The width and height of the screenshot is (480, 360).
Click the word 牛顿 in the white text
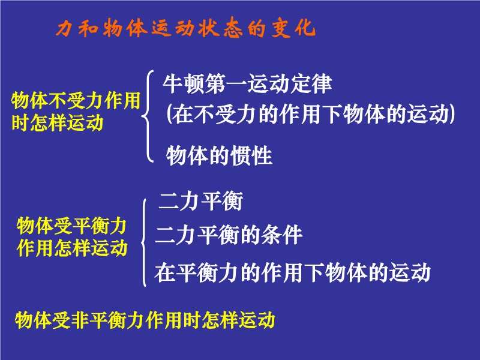(x=184, y=83)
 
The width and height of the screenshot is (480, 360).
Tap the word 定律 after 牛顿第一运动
(x=311, y=83)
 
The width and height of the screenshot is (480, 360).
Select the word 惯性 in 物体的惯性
(x=251, y=155)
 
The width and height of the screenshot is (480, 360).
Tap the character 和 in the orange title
(x=88, y=28)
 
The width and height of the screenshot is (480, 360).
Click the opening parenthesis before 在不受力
(x=169, y=114)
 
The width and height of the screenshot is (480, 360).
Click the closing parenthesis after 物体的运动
(x=452, y=114)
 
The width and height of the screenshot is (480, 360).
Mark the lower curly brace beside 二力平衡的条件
(x=143, y=242)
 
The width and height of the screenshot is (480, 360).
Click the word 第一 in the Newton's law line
(x=226, y=83)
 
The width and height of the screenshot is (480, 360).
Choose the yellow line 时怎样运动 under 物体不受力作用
(x=58, y=122)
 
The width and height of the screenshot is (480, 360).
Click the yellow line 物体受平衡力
(x=71, y=226)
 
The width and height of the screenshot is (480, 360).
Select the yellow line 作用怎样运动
(x=72, y=247)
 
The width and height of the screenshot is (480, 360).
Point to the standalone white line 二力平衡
(x=200, y=201)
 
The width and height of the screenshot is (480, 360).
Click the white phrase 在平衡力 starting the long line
(x=196, y=272)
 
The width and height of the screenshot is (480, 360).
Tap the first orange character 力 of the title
(x=65, y=28)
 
